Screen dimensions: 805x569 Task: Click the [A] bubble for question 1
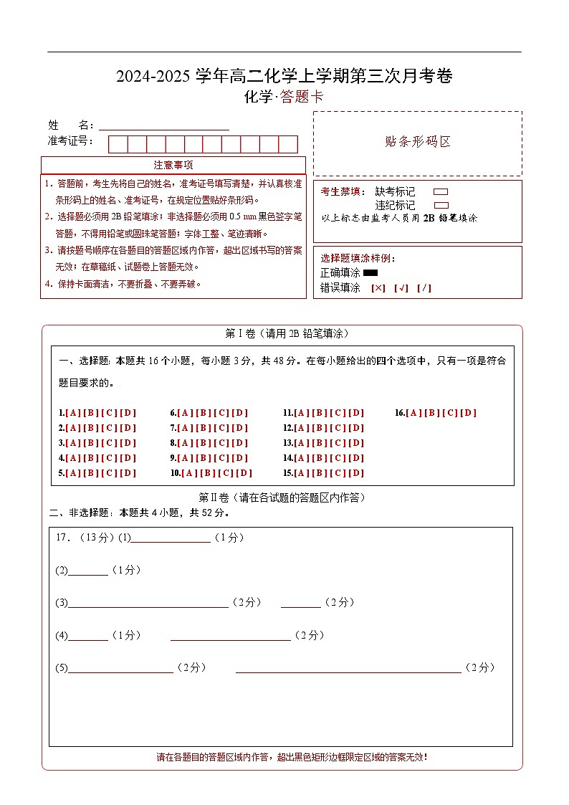point(72,413)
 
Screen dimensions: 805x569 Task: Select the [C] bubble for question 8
point(222,443)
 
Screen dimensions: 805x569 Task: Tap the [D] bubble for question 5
point(128,473)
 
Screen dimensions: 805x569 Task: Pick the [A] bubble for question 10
point(190,473)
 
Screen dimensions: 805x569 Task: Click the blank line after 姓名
point(164,125)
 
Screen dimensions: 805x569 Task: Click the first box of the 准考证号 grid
point(118,144)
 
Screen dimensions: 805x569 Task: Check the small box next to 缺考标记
point(441,192)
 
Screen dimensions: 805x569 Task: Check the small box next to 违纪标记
point(441,205)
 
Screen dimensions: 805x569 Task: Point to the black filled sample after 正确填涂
point(370,272)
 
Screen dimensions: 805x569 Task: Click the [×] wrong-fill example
point(378,288)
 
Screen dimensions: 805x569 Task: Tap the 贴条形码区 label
point(418,142)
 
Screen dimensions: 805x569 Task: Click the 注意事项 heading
point(173,166)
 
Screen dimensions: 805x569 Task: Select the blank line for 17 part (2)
point(88,571)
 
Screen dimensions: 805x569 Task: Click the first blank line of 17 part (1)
point(171,538)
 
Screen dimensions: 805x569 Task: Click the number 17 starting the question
point(61,538)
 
